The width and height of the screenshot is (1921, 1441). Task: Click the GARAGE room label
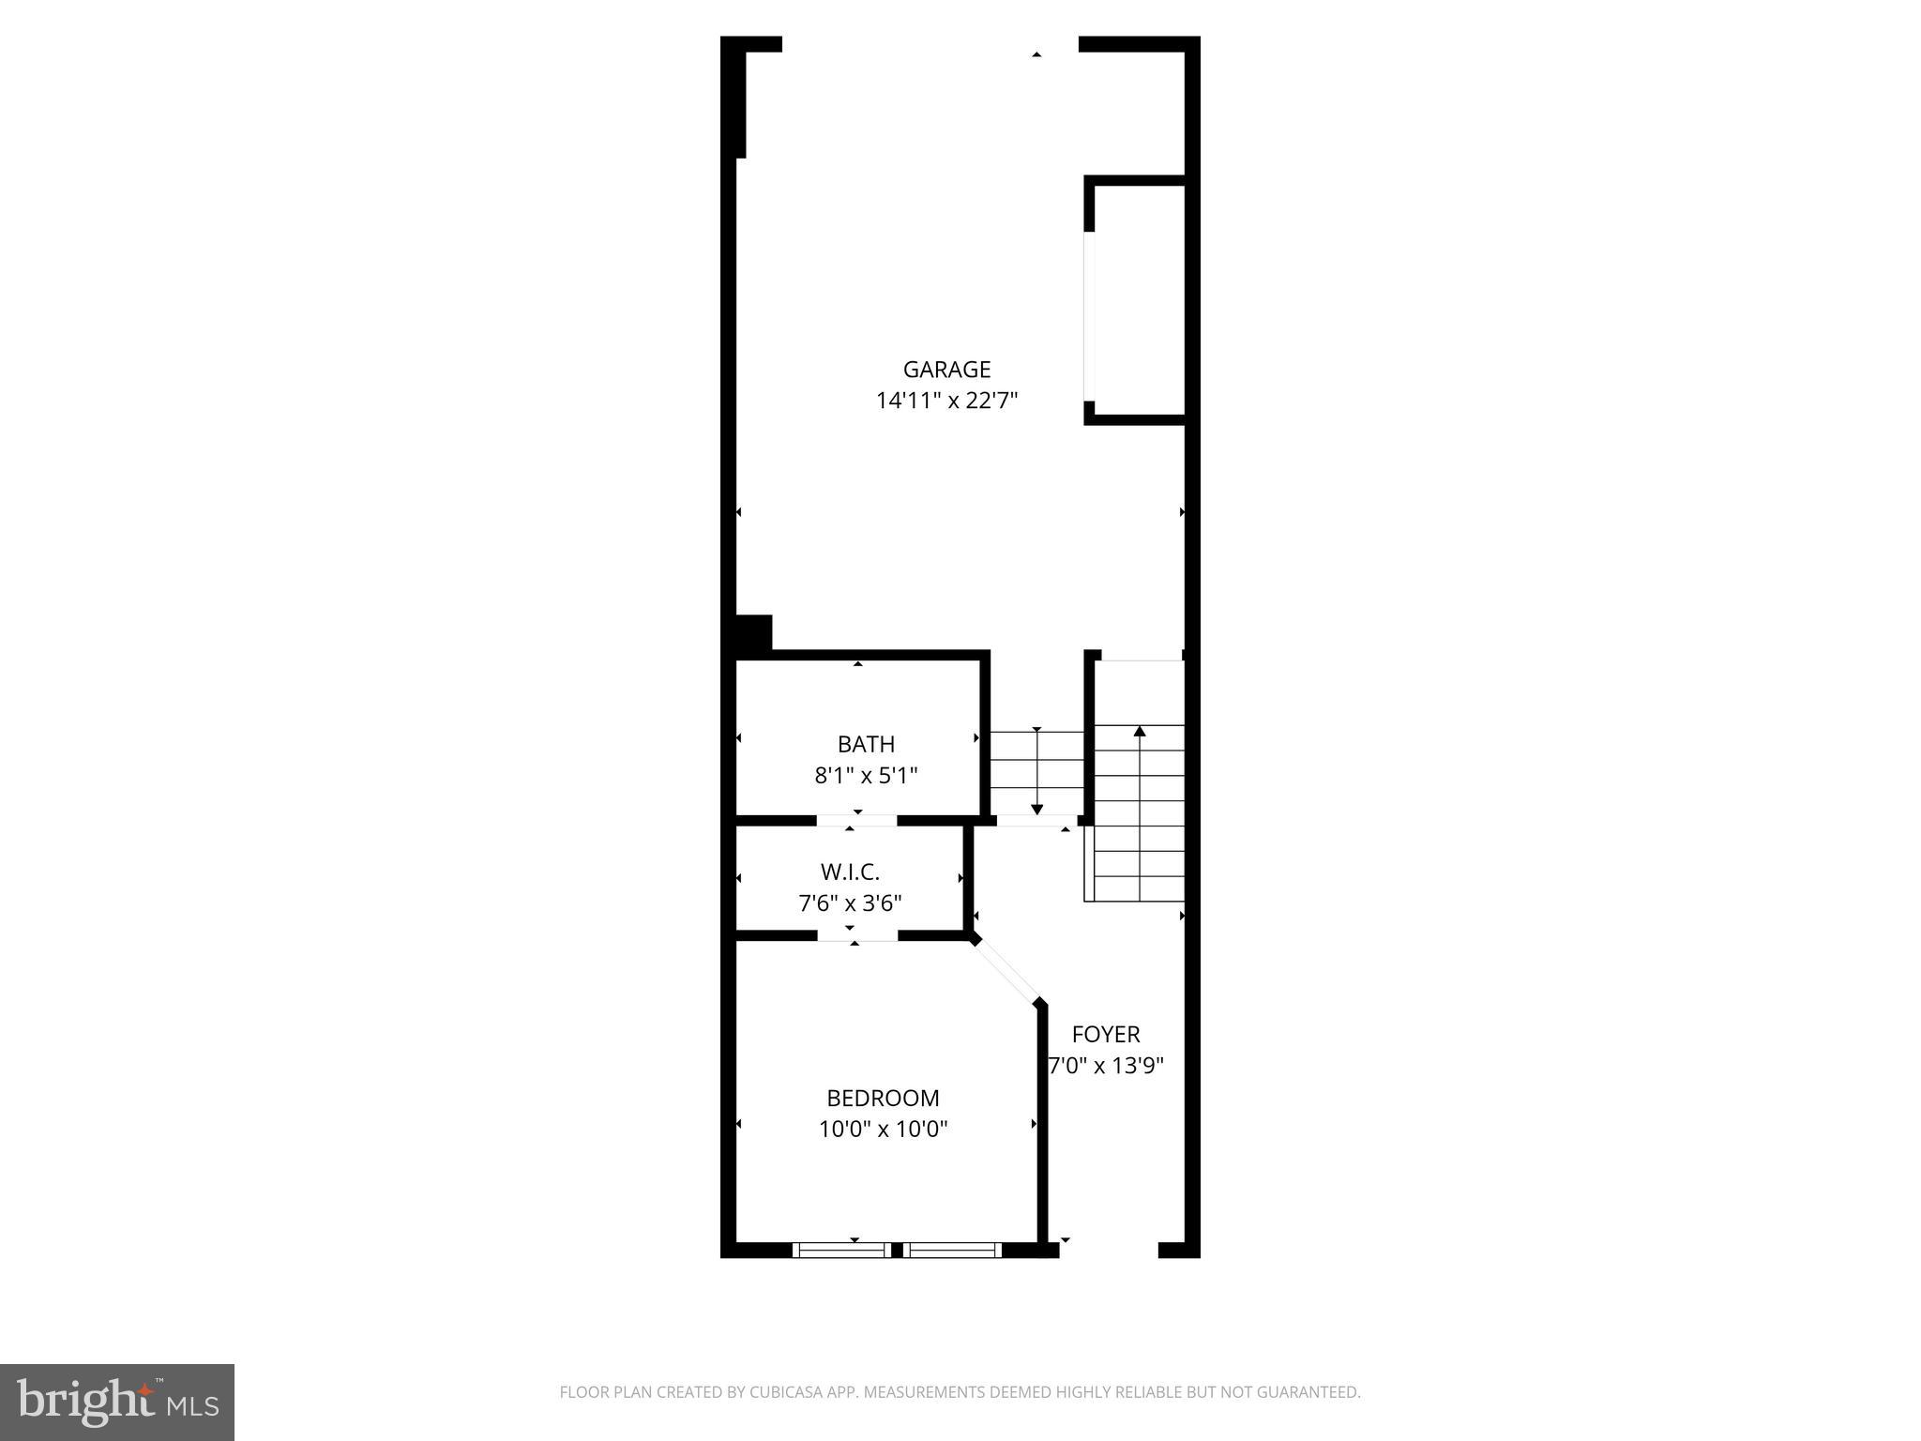pyautogui.click(x=946, y=370)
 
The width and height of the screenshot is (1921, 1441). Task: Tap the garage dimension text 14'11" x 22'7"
pyautogui.click(x=946, y=402)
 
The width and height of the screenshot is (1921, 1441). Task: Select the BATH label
pyautogui.click(x=866, y=745)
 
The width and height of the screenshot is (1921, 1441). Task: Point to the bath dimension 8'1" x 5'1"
pyautogui.click(x=866, y=776)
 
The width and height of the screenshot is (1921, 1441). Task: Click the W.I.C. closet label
pyautogui.click(x=850, y=872)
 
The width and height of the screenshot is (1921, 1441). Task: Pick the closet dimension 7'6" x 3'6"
pyautogui.click(x=850, y=903)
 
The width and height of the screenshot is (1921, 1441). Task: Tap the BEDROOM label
pyautogui.click(x=883, y=1098)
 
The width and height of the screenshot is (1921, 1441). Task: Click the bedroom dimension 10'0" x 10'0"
pyautogui.click(x=883, y=1129)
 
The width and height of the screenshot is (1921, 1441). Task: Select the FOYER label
pyautogui.click(x=1106, y=1035)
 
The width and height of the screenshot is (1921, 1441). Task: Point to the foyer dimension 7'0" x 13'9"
pyautogui.click(x=1106, y=1066)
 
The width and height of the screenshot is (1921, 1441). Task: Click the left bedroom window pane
pyautogui.click(x=841, y=1250)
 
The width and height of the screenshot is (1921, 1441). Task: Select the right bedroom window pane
pyautogui.click(x=952, y=1250)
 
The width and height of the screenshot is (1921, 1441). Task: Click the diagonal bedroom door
pyautogui.click(x=1006, y=971)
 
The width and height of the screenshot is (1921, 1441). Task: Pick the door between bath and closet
pyautogui.click(x=856, y=821)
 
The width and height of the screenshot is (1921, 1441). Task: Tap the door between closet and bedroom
pyautogui.click(x=857, y=936)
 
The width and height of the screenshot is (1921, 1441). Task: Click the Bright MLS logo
pyautogui.click(x=117, y=1403)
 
